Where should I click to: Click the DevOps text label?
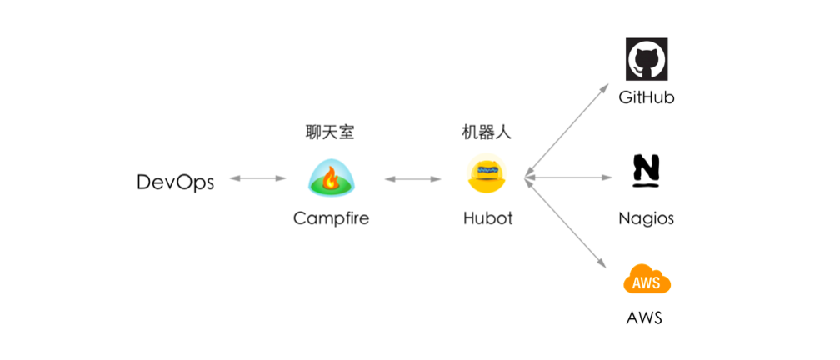coord(175,182)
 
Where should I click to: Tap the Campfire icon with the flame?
coord(331,177)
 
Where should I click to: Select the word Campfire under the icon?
coord(331,218)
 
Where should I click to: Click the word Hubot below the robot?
coord(487,218)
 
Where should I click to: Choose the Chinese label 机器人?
coord(487,132)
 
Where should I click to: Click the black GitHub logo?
coord(647,59)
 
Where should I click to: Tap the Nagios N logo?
coord(646,169)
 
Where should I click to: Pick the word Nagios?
coord(646,218)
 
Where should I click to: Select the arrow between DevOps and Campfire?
coord(257,177)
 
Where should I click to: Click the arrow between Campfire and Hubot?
coord(412,177)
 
